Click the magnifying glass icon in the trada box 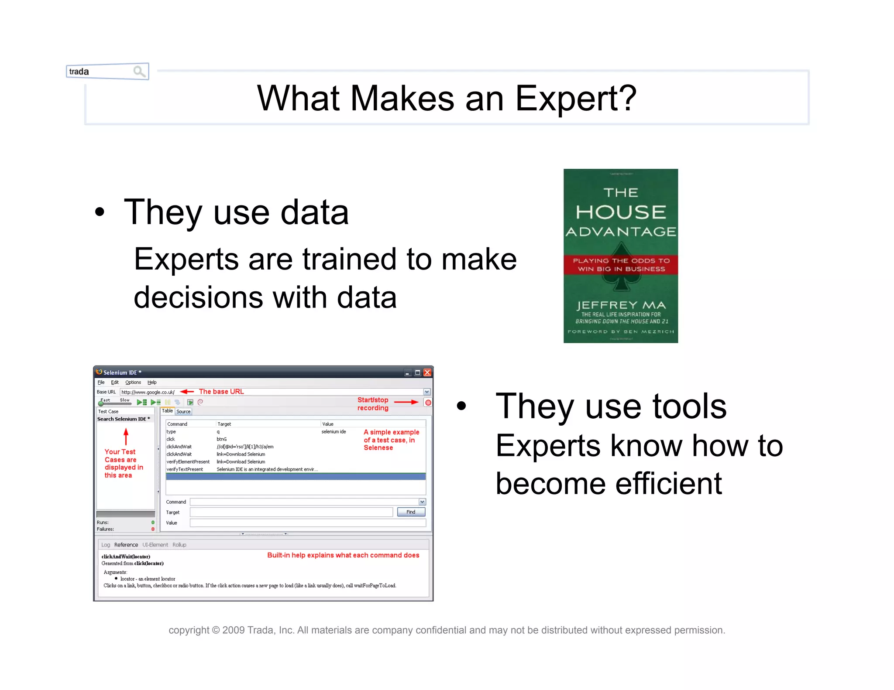click(139, 71)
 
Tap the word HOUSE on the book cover click(620, 212)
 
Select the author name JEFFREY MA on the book click(621, 305)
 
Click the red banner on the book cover click(620, 265)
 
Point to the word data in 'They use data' click(314, 212)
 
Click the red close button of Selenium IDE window click(427, 372)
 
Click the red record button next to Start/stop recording click(428, 403)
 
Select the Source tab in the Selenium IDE click(183, 411)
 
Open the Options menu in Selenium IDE click(133, 382)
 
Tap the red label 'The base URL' click(221, 392)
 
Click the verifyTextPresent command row click(185, 469)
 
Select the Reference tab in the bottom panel click(126, 545)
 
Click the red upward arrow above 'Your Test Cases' click(126, 436)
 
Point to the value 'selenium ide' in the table click(334, 432)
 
